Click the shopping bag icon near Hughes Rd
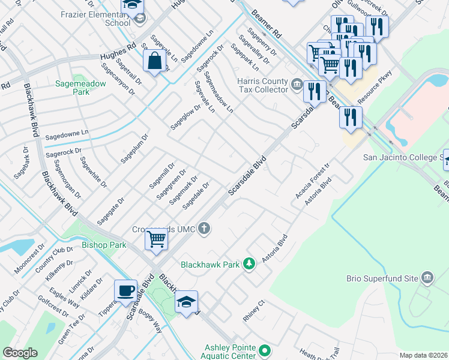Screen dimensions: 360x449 pos(155,61)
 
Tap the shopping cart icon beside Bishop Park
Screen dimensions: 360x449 pos(157,239)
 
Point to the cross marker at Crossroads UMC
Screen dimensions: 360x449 pos(205,227)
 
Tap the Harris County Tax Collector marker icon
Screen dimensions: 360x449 pos(297,83)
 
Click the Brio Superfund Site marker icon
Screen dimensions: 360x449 pos(427,277)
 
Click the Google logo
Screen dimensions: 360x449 pos(20,353)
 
